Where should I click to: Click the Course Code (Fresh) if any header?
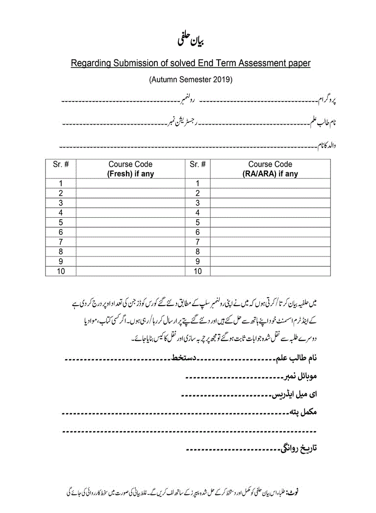130,169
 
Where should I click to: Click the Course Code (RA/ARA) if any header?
270,169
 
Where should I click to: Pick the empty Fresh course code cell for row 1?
130,183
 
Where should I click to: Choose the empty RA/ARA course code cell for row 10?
270,271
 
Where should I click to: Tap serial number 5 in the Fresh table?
61,222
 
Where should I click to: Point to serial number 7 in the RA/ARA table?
198,242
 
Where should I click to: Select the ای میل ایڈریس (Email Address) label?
295,394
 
